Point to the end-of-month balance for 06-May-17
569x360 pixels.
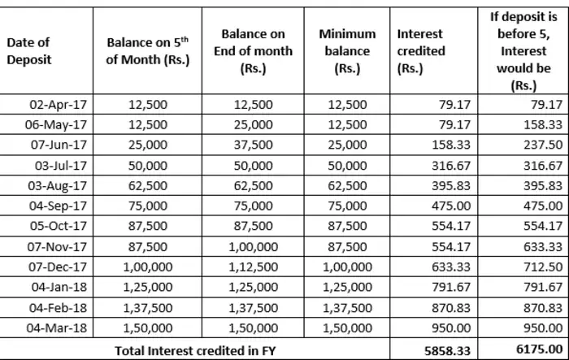click(256, 124)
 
